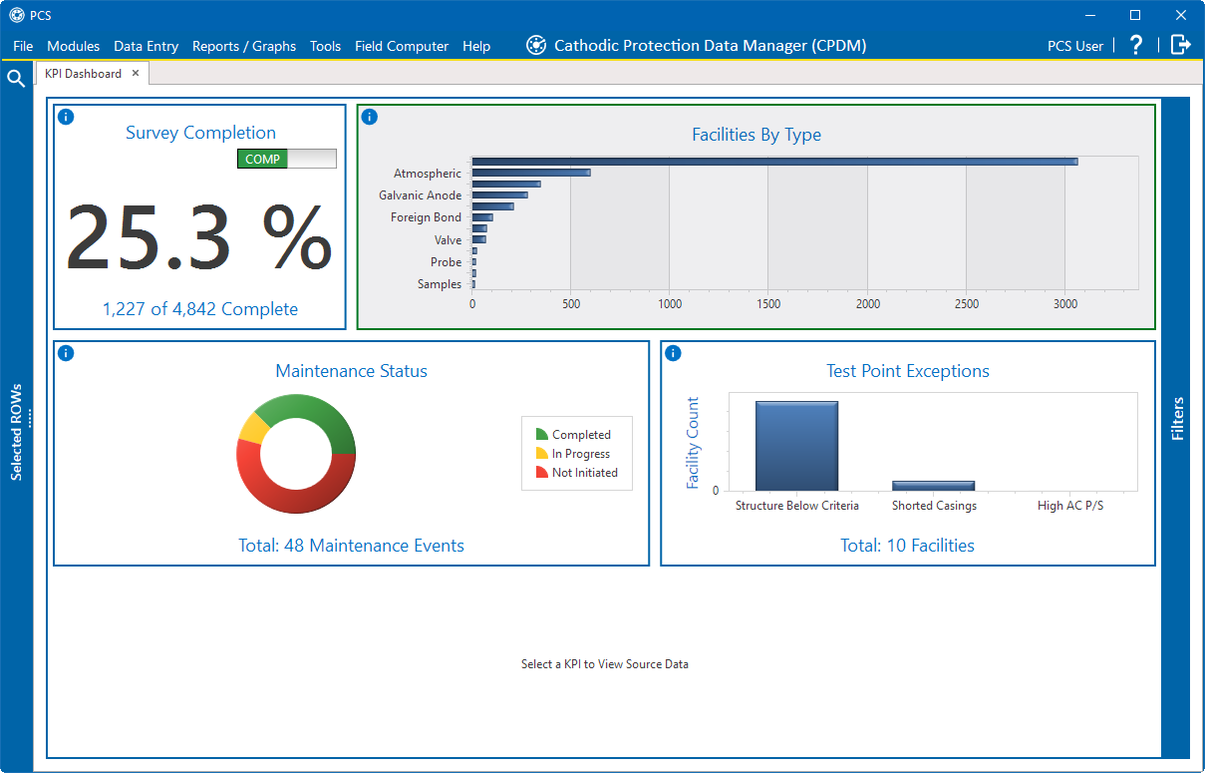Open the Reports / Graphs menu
coord(244,46)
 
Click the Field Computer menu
coord(402,46)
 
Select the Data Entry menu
coord(146,46)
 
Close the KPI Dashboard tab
coord(136,73)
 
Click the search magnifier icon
coord(16,79)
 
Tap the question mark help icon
coord(1136,45)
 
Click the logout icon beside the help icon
coord(1180,45)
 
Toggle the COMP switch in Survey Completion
coord(286,159)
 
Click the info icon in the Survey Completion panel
coord(66,117)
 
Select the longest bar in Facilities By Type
coord(773,162)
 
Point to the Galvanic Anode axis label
coord(420,195)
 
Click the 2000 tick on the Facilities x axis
coord(867,304)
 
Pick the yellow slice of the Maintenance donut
coord(252,427)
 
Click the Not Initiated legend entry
coord(584,473)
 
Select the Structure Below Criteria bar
coord(796,446)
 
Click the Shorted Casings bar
coord(933,486)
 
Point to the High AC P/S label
coord(1069,506)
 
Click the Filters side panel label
coord(1177,418)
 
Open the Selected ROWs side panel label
coord(16,432)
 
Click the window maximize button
coord(1134,15)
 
